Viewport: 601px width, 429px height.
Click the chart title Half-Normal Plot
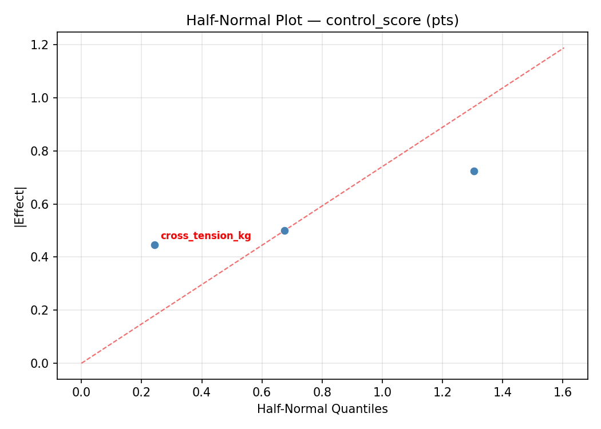pyautogui.click(x=322, y=21)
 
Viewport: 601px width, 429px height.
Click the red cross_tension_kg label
pyautogui.click(x=205, y=236)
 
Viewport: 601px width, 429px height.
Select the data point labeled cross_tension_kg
pyautogui.click(x=155, y=245)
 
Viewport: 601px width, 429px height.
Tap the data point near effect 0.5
pyautogui.click(x=284, y=231)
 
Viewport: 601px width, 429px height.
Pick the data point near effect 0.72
pyautogui.click(x=474, y=171)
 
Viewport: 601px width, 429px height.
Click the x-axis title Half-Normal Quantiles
pyautogui.click(x=322, y=409)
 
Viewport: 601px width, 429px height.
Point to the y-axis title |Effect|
pyautogui.click(x=21, y=206)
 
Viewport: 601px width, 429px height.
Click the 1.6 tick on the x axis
pyautogui.click(x=563, y=392)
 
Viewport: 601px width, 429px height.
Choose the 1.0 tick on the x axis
pyautogui.click(x=382, y=392)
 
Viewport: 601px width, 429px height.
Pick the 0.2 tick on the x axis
pyautogui.click(x=141, y=392)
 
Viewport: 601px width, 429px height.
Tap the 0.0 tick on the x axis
pyautogui.click(x=81, y=392)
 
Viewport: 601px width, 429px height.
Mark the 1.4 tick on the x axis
pyautogui.click(x=503, y=392)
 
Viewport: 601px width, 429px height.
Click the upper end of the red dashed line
pyautogui.click(x=564, y=48)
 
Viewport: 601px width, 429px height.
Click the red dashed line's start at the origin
pyautogui.click(x=81, y=363)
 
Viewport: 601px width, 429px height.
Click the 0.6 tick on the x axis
pyautogui.click(x=262, y=392)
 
